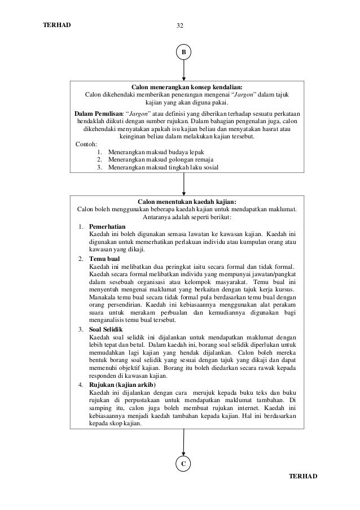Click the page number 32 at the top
[x=180, y=26]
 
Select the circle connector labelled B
[x=183, y=53]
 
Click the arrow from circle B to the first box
[x=183, y=70]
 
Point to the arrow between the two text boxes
[x=183, y=184]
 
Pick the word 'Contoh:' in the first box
[x=86, y=144]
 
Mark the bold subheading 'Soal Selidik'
[x=106, y=329]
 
